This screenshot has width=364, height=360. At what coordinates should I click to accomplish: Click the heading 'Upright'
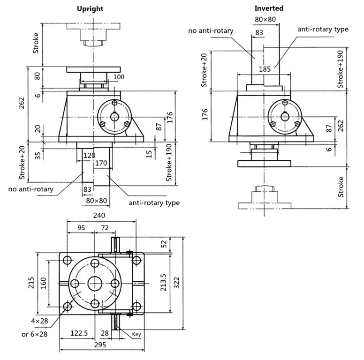coord(90,9)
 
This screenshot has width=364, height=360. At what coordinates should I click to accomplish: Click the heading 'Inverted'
coord(269,8)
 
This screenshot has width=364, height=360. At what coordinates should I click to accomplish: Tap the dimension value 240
coord(99,216)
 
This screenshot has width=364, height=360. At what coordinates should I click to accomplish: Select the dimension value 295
coord(100,345)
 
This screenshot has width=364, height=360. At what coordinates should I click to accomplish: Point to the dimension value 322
coord(177,283)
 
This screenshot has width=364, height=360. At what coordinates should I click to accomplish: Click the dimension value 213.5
coord(163,282)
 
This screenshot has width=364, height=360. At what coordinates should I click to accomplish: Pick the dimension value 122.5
coord(79,333)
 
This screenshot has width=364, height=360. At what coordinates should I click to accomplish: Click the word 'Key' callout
coord(136,334)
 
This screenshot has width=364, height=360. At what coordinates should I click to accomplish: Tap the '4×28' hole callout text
coord(39,321)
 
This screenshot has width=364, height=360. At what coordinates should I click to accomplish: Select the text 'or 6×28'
coord(34,334)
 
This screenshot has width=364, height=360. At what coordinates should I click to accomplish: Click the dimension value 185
coord(265,69)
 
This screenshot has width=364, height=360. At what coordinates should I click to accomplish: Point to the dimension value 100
coord(119,77)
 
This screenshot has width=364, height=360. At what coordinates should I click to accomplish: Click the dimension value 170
coord(101,163)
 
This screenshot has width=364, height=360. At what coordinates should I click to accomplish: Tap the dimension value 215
coord(31,283)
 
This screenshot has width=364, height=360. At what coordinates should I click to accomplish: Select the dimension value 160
coord(44,283)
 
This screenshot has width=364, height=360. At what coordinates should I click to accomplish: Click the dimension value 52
coord(164,244)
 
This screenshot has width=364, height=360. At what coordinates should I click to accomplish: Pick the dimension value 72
coord(105,228)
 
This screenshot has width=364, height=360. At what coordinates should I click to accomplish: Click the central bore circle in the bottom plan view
coord(95,283)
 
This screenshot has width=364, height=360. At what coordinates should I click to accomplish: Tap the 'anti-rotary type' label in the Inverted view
coord(323,29)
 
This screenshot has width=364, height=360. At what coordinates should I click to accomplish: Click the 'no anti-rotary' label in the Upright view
coord(31,189)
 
